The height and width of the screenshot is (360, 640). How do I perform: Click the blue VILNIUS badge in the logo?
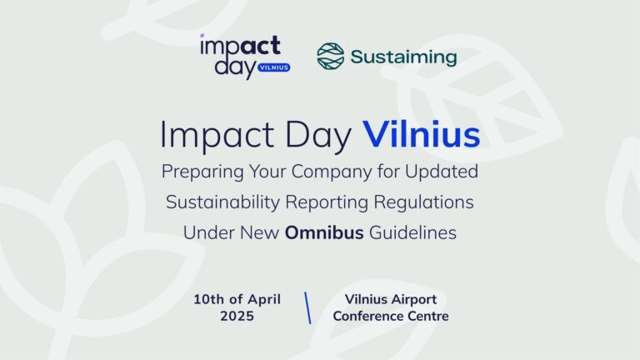[x=274, y=67]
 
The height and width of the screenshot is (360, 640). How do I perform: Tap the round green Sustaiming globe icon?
[x=331, y=56]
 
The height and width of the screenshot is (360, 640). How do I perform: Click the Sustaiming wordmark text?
[x=403, y=57]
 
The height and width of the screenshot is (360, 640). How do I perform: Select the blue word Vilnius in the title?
[x=421, y=134]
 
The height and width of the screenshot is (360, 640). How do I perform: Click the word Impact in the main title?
[x=217, y=136]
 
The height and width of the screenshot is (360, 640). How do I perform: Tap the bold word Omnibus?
[x=324, y=232]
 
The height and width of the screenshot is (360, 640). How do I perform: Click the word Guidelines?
[x=412, y=232]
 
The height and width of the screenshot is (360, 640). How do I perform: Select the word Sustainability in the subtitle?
[x=222, y=202]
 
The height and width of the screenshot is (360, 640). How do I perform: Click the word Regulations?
[x=423, y=202]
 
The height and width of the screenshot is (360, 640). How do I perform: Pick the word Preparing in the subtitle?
[x=202, y=172]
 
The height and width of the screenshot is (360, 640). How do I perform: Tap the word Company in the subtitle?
[x=332, y=172]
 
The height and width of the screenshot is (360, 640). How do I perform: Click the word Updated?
[x=441, y=172]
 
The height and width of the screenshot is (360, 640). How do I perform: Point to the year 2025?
[x=237, y=316]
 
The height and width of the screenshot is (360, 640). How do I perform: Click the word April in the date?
[x=264, y=300]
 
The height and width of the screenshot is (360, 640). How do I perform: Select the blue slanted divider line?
[x=307, y=307]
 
